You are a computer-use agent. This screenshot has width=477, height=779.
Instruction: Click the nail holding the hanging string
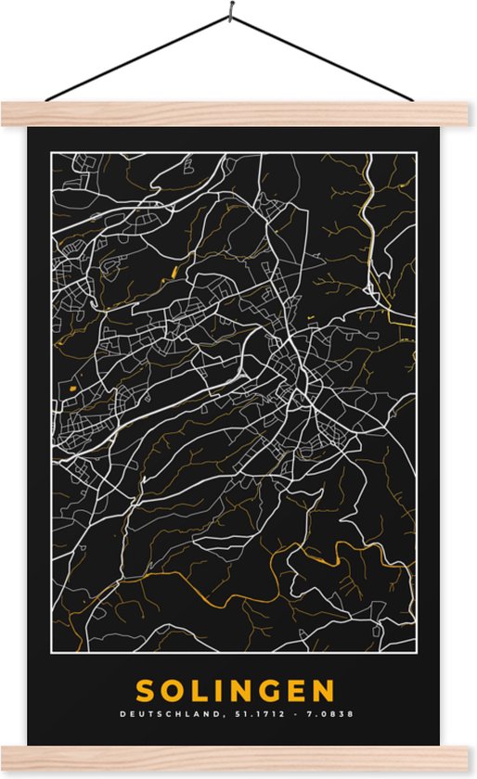(x=227, y=11)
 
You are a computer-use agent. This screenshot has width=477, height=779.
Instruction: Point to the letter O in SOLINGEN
(x=174, y=691)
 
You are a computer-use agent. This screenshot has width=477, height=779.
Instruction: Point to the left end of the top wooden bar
(x=7, y=114)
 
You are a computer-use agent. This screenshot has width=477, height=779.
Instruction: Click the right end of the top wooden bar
(x=469, y=114)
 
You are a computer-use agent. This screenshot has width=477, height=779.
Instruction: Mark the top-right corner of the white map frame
(x=417, y=152)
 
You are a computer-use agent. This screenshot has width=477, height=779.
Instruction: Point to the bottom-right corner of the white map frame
(x=417, y=652)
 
